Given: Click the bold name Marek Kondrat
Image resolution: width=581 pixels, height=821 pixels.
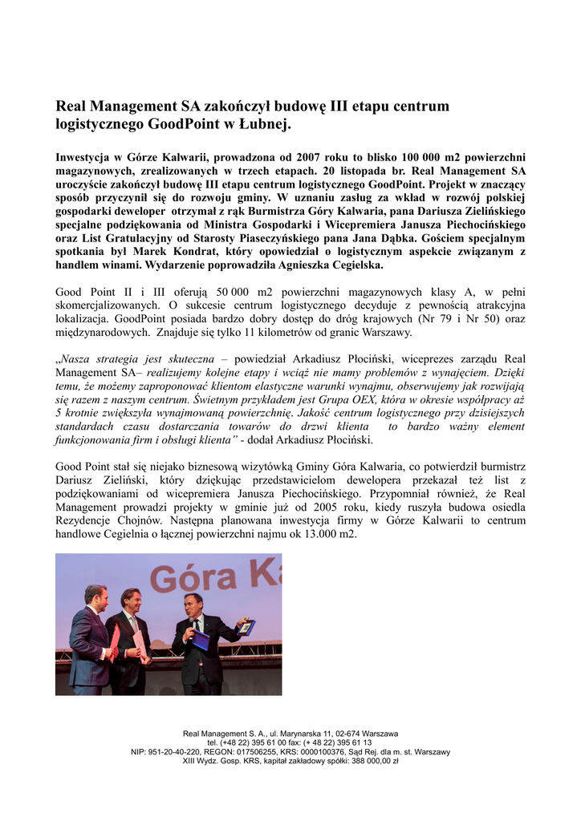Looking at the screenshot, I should pos(171,251).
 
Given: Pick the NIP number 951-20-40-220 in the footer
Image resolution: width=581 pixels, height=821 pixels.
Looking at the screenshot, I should pos(181,752).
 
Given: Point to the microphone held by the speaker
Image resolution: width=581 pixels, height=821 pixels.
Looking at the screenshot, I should pos(189,628).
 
